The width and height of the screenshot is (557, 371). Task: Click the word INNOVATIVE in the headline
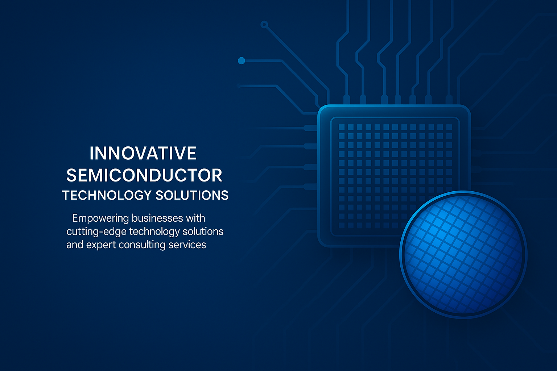point(143,153)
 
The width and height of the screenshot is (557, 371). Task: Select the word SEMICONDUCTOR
point(144,175)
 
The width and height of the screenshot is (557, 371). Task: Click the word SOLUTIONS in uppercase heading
point(192,195)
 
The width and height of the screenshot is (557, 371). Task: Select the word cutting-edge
point(96,232)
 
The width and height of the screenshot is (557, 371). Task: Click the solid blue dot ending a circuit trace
point(242,61)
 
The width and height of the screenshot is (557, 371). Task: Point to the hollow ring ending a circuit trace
point(264,24)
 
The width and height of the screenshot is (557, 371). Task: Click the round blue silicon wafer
point(463,255)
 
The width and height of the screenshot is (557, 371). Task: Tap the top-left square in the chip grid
point(342,127)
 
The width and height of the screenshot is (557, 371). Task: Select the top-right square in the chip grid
point(449,127)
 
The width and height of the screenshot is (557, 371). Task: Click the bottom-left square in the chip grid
point(342,225)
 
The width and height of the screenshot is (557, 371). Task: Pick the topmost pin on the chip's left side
point(310,128)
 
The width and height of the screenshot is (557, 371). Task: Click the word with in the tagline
point(195,218)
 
